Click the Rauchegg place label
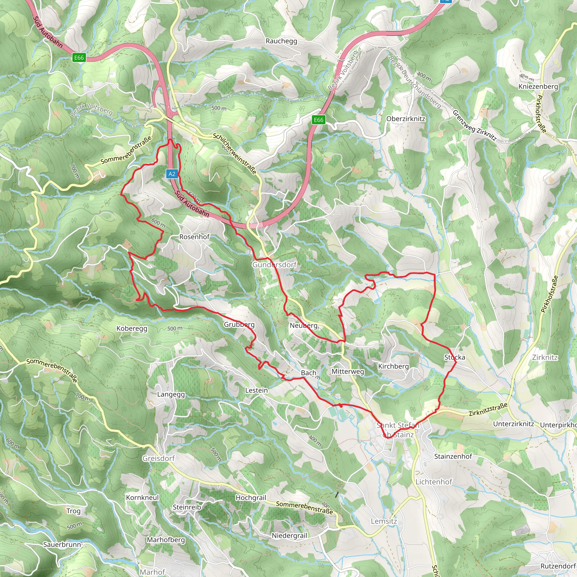(281, 41)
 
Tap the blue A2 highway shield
(172, 174)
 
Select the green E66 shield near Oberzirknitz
(318, 120)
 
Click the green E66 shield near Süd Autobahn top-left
(79, 57)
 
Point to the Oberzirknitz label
(406, 119)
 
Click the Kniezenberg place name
(538, 86)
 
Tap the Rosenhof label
(194, 237)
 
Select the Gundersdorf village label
(274, 265)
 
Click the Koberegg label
(132, 329)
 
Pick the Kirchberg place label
(393, 366)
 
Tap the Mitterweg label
(348, 371)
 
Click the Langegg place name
(171, 394)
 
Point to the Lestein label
(256, 390)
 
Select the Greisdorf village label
(158, 458)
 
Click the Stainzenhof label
(453, 456)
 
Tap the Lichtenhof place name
(434, 482)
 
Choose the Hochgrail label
(250, 498)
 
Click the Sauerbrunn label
(63, 544)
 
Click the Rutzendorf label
(558, 566)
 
